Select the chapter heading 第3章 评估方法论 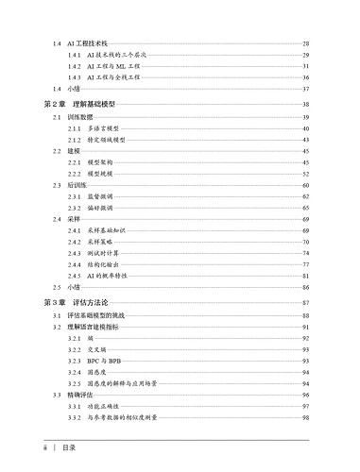[77, 302]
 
